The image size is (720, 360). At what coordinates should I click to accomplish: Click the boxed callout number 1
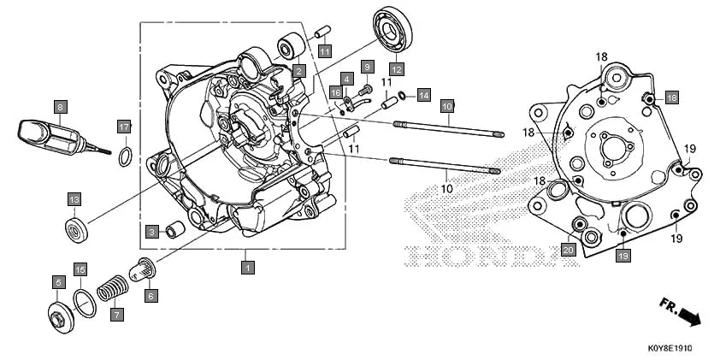tap(247, 268)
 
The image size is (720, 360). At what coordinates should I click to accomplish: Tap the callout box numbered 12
tap(397, 68)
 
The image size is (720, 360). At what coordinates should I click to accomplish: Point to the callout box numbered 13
tap(74, 199)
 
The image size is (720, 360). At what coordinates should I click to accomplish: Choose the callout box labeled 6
tap(150, 296)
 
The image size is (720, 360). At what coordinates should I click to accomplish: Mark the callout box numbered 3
tap(150, 232)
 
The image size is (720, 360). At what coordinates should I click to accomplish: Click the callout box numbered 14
tap(424, 94)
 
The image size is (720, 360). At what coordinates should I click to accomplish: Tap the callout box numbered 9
tap(367, 67)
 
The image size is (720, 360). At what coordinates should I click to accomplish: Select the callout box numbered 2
tap(298, 71)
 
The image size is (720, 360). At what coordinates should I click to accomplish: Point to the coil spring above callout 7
tap(109, 288)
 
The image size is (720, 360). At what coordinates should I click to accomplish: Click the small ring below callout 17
tap(125, 156)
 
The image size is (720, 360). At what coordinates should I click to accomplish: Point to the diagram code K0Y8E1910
tap(668, 350)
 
